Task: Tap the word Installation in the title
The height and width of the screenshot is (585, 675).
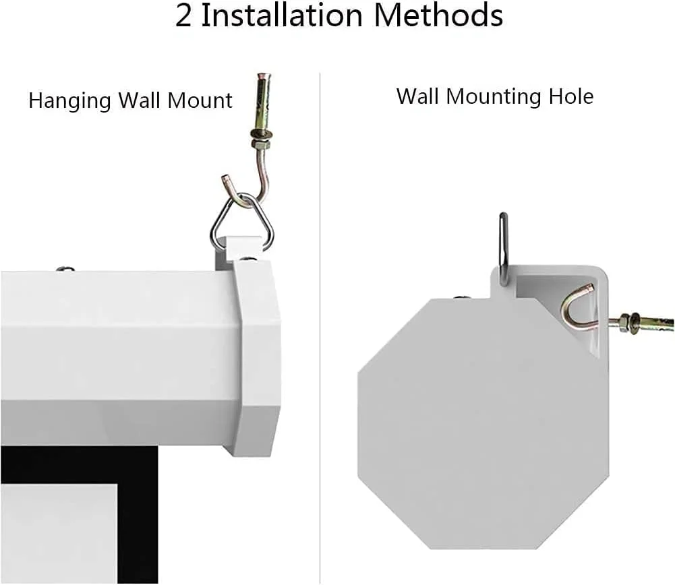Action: (x=282, y=16)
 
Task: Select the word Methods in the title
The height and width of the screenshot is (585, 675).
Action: (x=438, y=16)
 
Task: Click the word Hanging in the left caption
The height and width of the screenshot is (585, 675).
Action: (x=69, y=102)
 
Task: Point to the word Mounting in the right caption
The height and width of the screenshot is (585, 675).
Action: (x=494, y=97)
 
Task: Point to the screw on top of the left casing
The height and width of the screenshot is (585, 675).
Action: (x=65, y=269)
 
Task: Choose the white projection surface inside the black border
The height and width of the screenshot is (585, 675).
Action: (x=59, y=533)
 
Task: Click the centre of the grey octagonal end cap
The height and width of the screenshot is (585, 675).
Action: (x=483, y=424)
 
